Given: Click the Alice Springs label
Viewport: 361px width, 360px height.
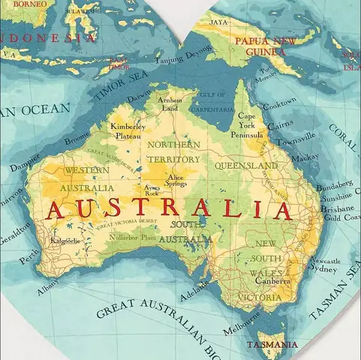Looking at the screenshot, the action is click(176, 180).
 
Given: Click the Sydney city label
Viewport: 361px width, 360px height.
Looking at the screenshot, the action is click(323, 268).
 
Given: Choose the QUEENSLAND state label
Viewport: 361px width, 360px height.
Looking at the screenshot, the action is click(246, 165).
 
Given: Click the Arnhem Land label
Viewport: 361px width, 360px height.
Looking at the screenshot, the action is click(170, 103).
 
